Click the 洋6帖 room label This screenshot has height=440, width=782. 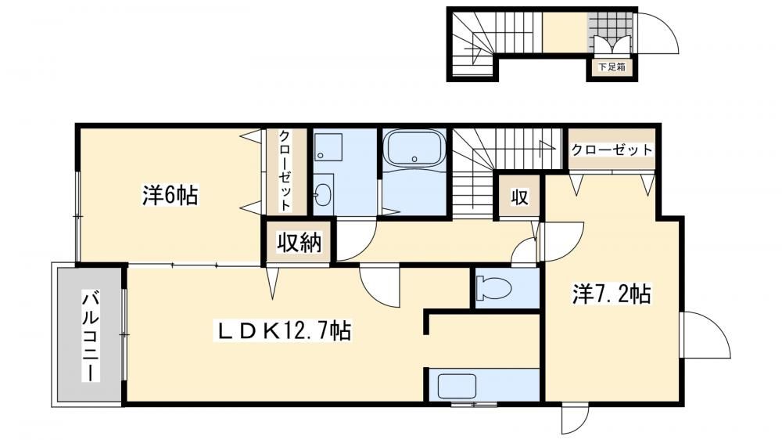(170, 195)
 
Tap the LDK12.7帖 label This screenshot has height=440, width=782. (283, 330)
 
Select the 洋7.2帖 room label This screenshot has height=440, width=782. (611, 294)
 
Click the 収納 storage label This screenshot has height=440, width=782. (300, 243)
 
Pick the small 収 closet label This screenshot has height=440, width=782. (519, 197)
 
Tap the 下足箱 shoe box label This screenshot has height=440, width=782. (612, 67)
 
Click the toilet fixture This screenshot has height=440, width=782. (493, 289)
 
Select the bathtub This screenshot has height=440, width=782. (414, 148)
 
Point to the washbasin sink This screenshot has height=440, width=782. (323, 193)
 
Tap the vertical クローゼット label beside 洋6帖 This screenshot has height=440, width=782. (285, 171)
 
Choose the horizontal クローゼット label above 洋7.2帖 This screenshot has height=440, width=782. (612, 150)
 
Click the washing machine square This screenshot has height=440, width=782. (328, 147)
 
